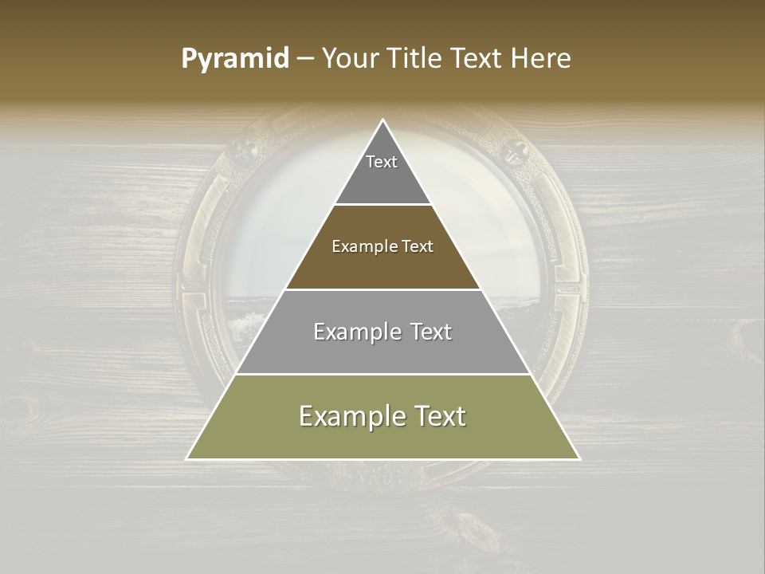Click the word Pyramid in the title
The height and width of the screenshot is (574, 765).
click(x=234, y=59)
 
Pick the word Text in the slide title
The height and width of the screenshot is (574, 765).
click(x=477, y=59)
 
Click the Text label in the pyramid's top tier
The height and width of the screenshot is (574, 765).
click(x=382, y=162)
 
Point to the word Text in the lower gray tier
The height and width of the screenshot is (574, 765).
click(x=431, y=332)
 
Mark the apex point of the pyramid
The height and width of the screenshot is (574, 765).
click(x=383, y=120)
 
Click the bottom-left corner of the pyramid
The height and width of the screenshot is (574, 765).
click(x=187, y=458)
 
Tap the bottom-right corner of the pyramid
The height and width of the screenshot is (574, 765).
click(x=579, y=458)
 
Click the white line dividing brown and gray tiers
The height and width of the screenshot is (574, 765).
click(x=383, y=289)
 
